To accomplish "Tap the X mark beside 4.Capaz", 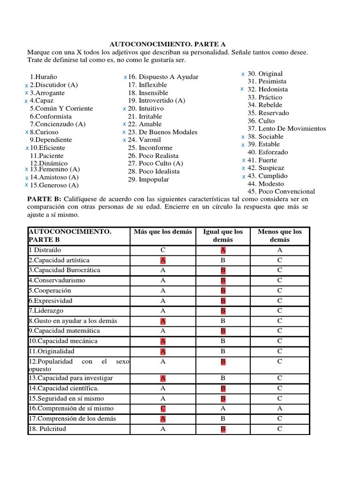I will click(x=26, y=101).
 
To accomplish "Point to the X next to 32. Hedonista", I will click(x=242, y=89).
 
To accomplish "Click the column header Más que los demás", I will click(x=163, y=232).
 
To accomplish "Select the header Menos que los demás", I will click(x=279, y=235).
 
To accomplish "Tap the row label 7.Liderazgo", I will click(x=46, y=311).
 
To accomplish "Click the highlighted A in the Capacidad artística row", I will click(x=163, y=260).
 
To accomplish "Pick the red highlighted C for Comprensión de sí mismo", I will click(x=163, y=409).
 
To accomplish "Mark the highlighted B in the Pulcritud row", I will click(x=223, y=429).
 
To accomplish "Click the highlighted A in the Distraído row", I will click(x=223, y=250).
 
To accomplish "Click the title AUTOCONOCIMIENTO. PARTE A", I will click(x=161, y=44).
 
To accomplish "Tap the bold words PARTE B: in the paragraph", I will click(x=45, y=199).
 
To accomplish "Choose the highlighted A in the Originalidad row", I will click(x=163, y=352).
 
